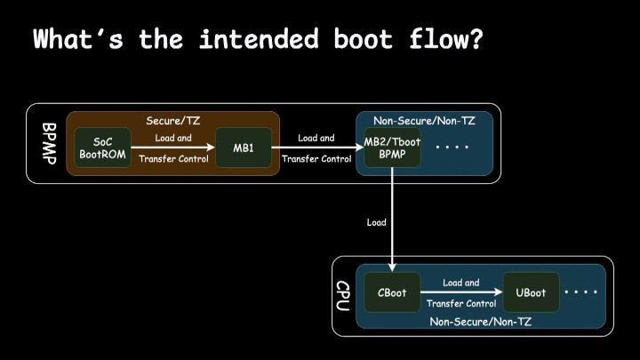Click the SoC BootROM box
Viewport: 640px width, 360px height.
[x=102, y=148]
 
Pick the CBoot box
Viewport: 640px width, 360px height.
[x=392, y=292]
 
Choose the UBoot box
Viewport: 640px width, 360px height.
[x=531, y=292]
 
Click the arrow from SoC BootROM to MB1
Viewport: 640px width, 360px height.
[x=172, y=148]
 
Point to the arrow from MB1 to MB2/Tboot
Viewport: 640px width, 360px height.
[x=316, y=148]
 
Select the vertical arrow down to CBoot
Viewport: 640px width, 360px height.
[x=392, y=222]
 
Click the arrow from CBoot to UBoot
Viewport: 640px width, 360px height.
[x=460, y=292]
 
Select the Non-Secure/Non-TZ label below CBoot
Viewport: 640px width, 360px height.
[x=480, y=321]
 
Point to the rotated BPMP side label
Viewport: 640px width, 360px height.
[x=49, y=143]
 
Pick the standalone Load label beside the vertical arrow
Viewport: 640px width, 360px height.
[x=376, y=222]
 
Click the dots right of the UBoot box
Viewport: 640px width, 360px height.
[x=581, y=292]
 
